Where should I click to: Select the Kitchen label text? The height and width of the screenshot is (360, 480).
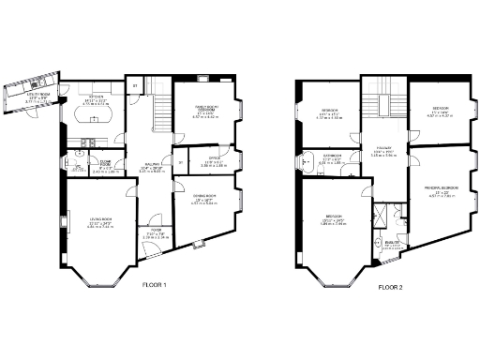(95, 97)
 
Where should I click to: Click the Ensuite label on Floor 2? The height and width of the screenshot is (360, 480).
(391, 242)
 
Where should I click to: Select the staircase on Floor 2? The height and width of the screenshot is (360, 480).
(382, 105)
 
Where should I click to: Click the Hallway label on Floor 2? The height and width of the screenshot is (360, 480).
(384, 147)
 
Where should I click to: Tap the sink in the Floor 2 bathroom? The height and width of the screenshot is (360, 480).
(304, 162)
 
